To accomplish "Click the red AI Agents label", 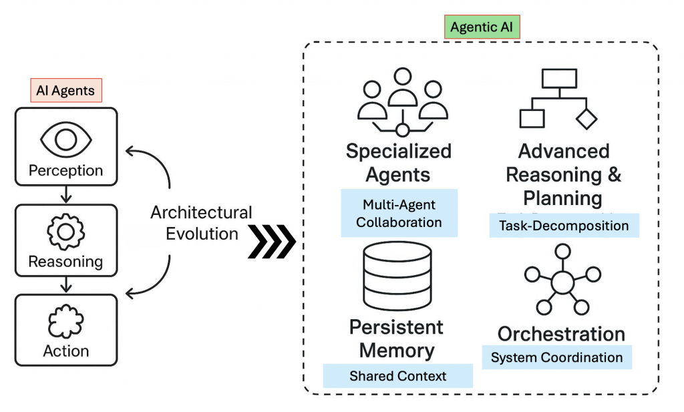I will coord(65,91).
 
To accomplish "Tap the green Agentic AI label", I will coord(482,27).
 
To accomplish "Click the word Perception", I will coord(65,171).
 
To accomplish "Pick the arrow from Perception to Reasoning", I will coord(65,194).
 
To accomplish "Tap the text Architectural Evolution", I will coord(201,223).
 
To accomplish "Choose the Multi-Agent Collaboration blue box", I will coord(399,213).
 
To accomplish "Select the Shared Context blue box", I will coord(397,376).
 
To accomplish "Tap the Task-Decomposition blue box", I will coord(564,226).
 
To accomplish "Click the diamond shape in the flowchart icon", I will coord(586,118).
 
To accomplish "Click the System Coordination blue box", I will coord(556,357).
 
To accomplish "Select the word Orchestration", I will coord(561,334).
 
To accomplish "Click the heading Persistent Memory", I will coord(397,339).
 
